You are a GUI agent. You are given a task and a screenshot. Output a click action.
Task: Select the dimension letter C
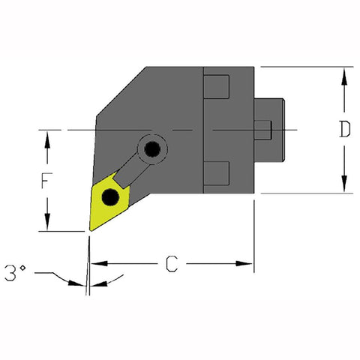[171, 264]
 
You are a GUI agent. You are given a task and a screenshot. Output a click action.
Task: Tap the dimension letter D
[343, 130]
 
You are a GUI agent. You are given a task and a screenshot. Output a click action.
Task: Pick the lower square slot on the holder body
[217, 173]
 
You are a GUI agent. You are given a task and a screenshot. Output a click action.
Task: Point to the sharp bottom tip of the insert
[88, 231]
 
